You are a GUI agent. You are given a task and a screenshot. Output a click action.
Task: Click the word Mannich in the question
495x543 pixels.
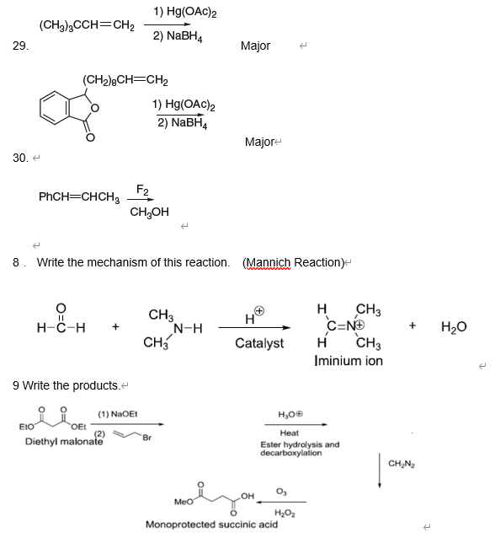point(266,262)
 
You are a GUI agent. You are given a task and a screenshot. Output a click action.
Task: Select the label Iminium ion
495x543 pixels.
point(348,361)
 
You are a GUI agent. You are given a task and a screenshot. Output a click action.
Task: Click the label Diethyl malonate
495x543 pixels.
point(59,441)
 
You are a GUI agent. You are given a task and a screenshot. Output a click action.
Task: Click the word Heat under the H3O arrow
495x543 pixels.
point(289,433)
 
